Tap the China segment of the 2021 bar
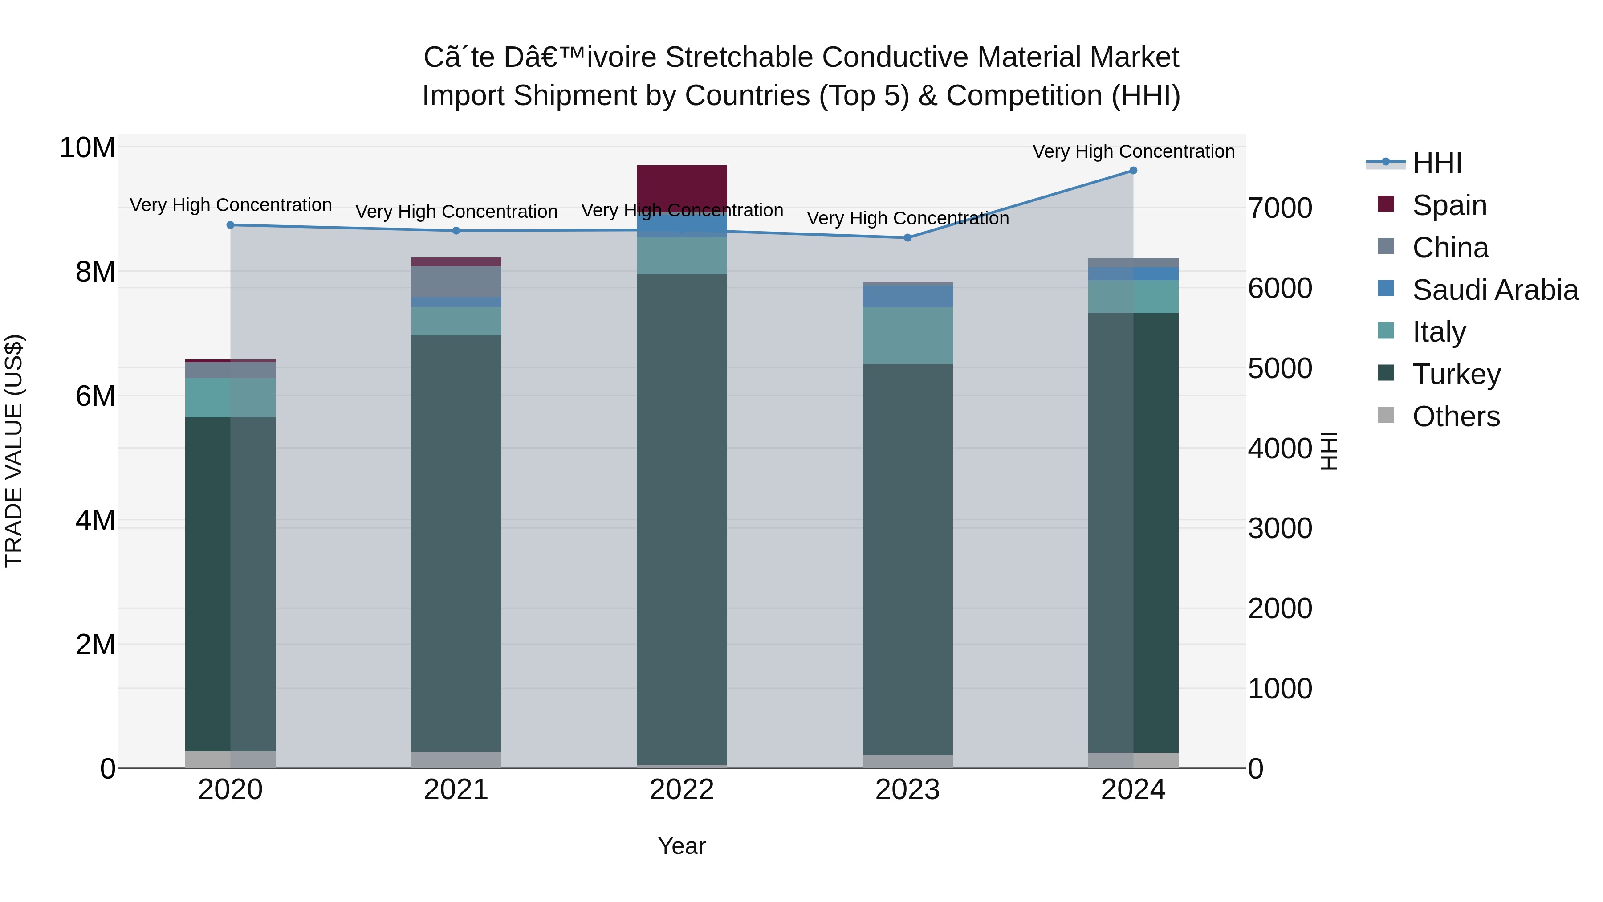pos(456,282)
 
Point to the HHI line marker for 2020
pos(230,225)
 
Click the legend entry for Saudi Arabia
pos(1495,290)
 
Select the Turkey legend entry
pos(1456,374)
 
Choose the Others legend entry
pos(1456,416)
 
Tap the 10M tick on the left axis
pos(87,148)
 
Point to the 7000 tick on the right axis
pos(1280,208)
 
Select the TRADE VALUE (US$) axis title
pos(14,451)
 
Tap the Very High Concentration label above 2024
pos(1133,151)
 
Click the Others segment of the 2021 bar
pos(456,759)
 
